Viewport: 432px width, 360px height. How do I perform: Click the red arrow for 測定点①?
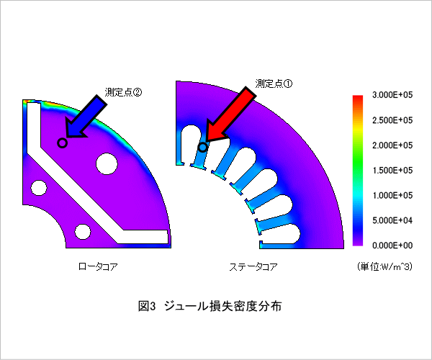[231, 115]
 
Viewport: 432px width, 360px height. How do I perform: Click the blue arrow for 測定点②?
[86, 117]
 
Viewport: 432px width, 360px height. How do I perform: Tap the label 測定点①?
[274, 84]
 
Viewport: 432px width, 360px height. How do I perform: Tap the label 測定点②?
[123, 92]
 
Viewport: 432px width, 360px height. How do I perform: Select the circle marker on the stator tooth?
[203, 148]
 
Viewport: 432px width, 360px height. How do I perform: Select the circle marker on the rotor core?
[62, 143]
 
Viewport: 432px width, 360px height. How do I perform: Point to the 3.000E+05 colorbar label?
[392, 95]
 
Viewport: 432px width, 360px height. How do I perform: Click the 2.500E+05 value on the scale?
[392, 120]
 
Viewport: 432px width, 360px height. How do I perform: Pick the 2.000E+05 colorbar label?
[392, 145]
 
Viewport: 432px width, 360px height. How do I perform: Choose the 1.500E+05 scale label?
[392, 170]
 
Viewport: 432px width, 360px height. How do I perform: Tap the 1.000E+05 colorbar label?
[392, 195]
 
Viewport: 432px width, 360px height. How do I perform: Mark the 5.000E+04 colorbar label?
[392, 220]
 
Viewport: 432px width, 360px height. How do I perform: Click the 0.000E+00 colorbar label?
[392, 245]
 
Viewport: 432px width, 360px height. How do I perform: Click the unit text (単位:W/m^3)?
[384, 266]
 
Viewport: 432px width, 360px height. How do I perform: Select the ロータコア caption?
[98, 266]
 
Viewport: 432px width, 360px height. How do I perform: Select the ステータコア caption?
[253, 266]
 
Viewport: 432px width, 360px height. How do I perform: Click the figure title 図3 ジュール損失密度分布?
[210, 306]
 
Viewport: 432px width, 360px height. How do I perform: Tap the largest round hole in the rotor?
[107, 164]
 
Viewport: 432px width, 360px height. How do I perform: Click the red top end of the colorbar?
[358, 97]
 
